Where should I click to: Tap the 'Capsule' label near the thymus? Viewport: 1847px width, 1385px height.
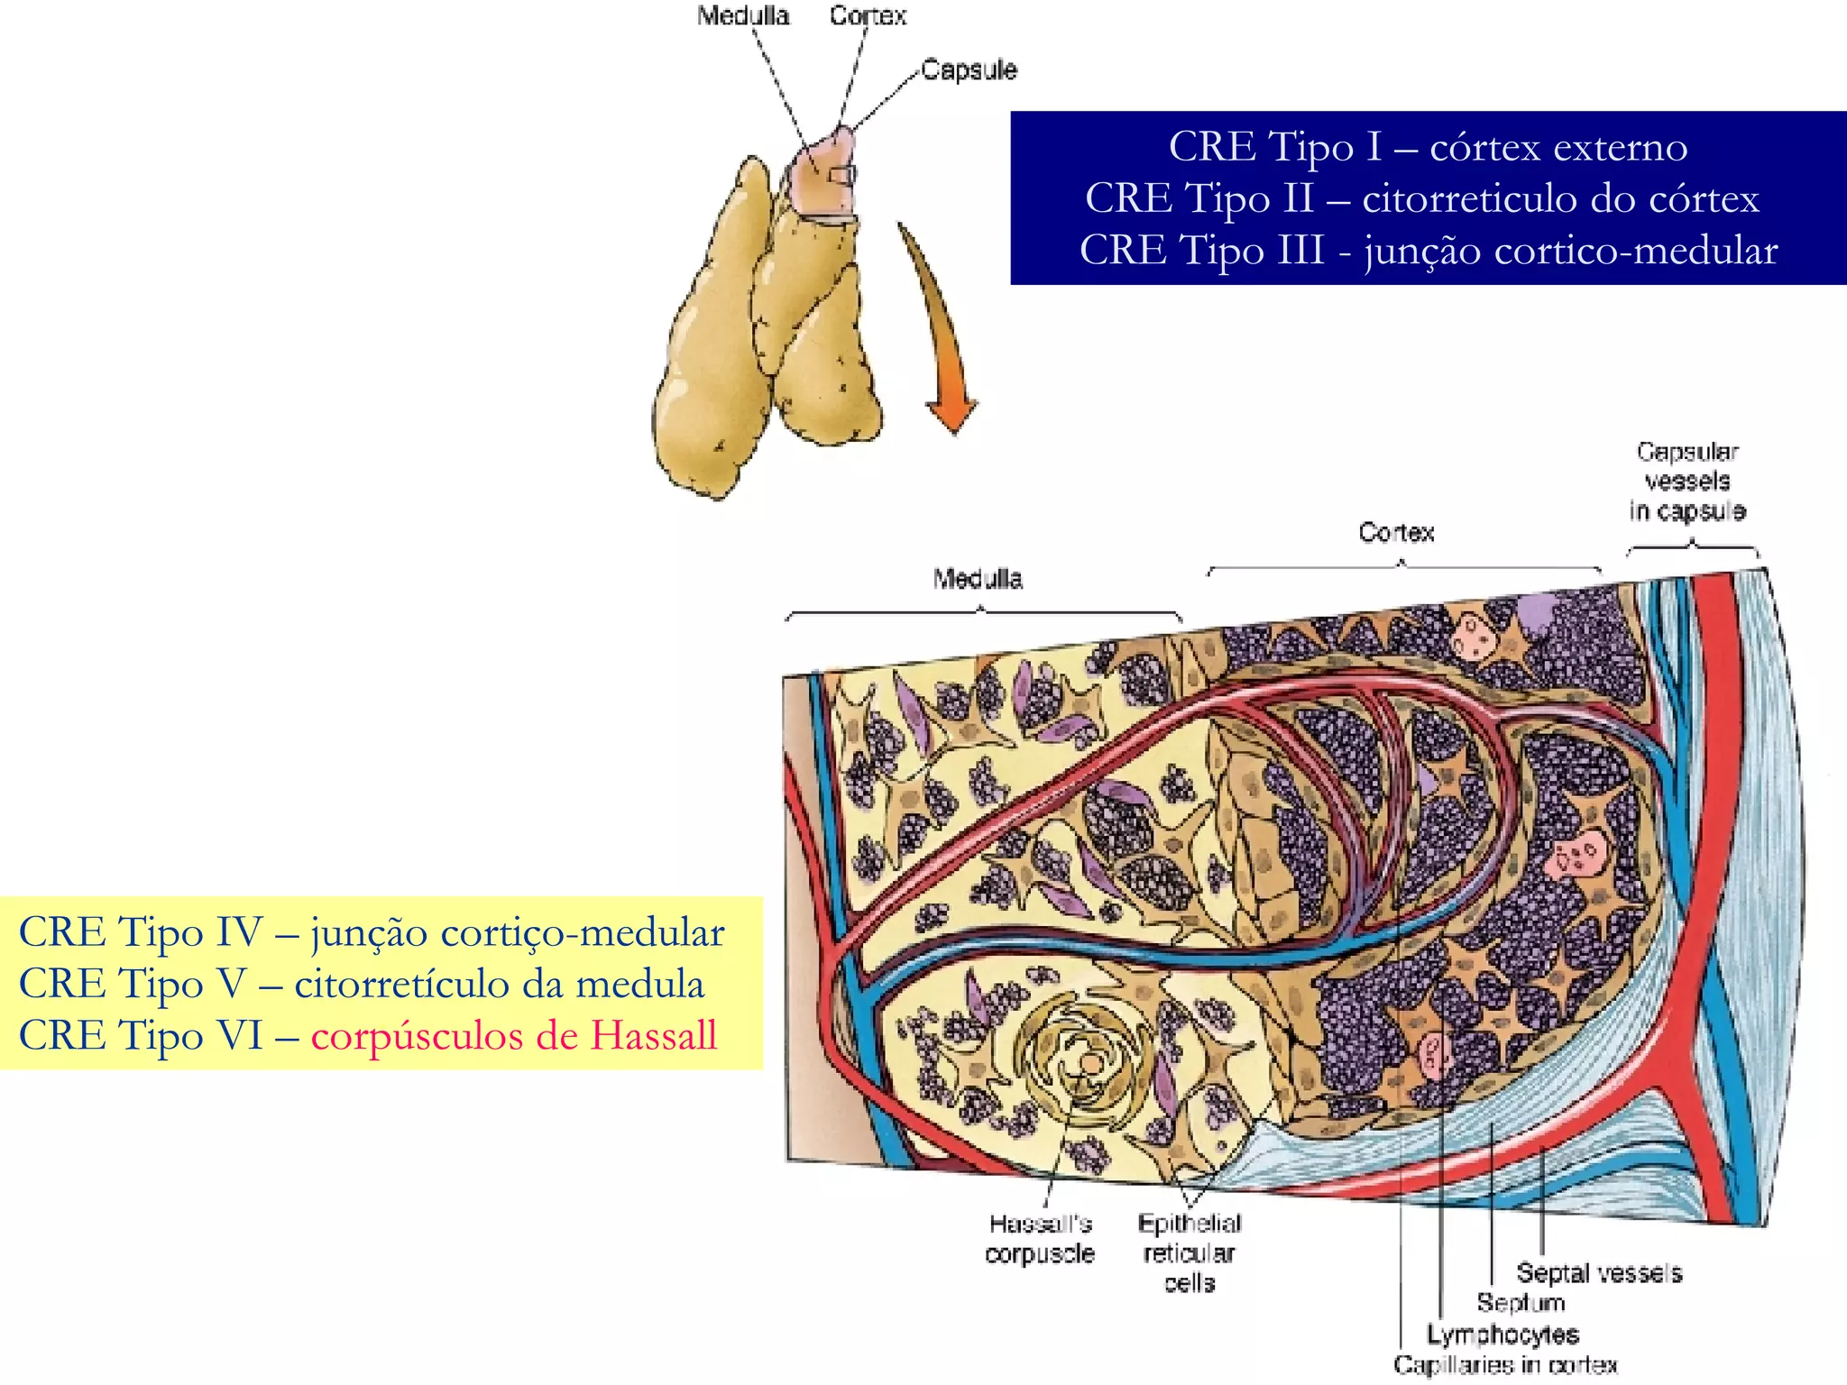click(x=969, y=69)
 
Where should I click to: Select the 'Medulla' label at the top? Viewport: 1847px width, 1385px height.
click(x=743, y=16)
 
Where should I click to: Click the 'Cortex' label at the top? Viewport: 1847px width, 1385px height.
click(x=868, y=16)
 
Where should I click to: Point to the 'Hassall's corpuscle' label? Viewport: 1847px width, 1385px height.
click(x=1040, y=1238)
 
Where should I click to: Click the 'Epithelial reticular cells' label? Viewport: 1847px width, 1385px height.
click(x=1189, y=1252)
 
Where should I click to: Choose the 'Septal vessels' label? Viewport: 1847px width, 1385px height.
click(x=1599, y=1272)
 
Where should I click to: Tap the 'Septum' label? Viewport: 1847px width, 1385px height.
click(x=1521, y=1302)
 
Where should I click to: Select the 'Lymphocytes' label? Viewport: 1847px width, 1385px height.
click(x=1502, y=1334)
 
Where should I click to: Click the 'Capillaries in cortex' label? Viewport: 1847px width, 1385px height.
click(x=1505, y=1365)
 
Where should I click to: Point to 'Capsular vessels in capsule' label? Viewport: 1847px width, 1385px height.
click(x=1687, y=481)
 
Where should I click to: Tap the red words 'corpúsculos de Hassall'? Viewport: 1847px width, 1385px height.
click(x=514, y=1035)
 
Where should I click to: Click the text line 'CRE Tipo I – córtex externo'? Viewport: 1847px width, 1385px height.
click(x=1428, y=146)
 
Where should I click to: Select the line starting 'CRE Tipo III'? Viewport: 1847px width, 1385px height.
click(x=1428, y=250)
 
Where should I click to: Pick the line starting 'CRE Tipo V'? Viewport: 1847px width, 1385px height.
click(x=362, y=983)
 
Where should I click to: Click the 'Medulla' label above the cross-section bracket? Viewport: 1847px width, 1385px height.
click(x=978, y=578)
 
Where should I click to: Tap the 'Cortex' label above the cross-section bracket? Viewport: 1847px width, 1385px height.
click(x=1396, y=532)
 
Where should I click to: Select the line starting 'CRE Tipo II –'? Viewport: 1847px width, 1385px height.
click(x=1421, y=197)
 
